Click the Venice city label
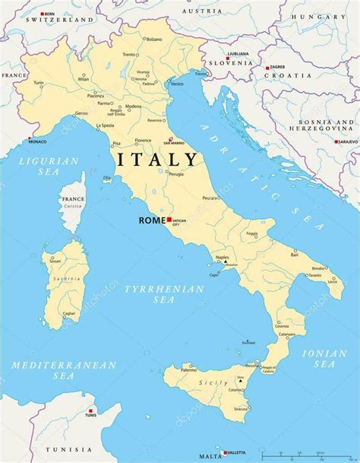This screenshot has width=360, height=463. [176, 84]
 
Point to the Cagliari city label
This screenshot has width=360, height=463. [69, 313]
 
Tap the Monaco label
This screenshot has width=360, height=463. [37, 141]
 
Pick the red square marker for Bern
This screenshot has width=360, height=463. [42, 14]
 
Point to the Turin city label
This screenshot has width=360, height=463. [39, 83]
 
